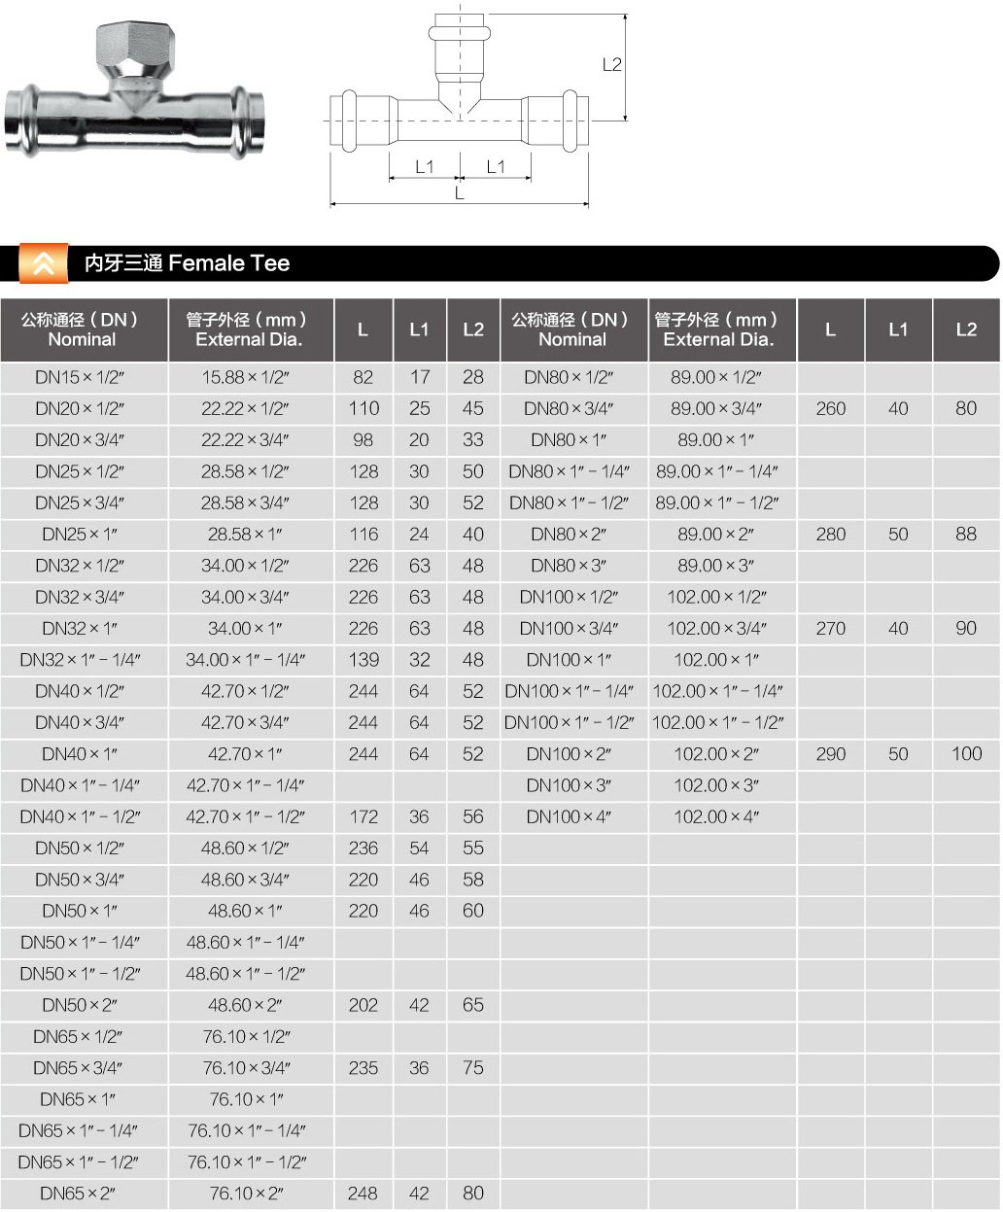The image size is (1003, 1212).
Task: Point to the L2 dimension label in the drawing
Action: pos(611,65)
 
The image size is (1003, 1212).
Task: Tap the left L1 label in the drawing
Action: pos(424,166)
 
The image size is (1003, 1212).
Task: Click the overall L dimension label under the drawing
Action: pos(460,192)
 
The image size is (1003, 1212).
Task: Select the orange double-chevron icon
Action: pos(44,263)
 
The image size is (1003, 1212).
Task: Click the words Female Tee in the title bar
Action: pos(229,263)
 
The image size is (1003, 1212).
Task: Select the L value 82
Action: pos(363,377)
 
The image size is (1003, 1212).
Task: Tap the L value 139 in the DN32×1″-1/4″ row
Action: pos(363,660)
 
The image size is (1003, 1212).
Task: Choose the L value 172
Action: pos(363,816)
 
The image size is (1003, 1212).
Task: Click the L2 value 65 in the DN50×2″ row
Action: pos(473,1005)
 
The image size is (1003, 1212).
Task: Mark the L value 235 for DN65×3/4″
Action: pos(363,1067)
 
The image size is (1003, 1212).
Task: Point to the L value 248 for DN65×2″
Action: pos(363,1193)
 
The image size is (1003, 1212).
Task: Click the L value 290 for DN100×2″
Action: pos(831,754)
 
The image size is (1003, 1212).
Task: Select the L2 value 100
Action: pos(966,754)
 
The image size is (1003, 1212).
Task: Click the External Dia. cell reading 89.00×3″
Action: pos(715,566)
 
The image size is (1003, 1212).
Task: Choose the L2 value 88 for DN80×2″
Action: pos(966,535)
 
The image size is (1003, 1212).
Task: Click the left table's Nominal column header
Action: pos(82,329)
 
